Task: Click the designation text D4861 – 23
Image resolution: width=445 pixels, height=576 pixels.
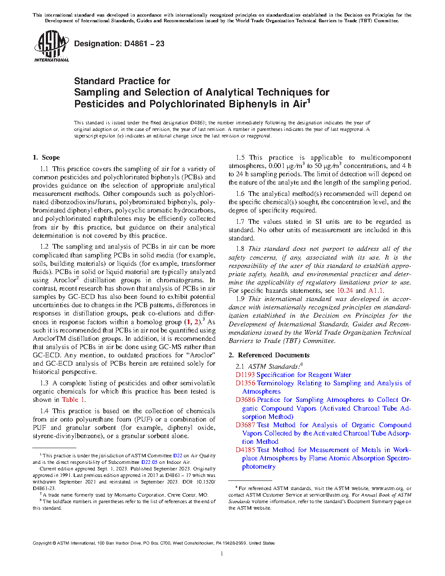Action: tap(119, 44)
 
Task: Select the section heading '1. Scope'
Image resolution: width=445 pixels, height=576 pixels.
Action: tap(46, 158)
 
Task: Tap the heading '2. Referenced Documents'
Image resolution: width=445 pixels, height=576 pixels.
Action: tap(269, 355)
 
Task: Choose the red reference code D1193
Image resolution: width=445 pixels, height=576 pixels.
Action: tap(245, 375)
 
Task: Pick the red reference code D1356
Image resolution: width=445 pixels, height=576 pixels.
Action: tap(245, 383)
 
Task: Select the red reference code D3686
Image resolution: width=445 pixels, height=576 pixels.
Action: tap(245, 400)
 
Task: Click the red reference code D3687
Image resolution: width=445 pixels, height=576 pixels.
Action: tap(245, 425)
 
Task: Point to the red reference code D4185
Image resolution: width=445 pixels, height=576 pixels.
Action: tap(245, 450)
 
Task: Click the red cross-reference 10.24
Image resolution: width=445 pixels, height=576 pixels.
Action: tap(345, 291)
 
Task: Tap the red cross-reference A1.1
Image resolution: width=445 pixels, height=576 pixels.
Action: tap(376, 291)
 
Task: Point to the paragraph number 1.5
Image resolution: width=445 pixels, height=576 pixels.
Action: tap(240, 158)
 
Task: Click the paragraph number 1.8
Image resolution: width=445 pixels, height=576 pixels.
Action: tap(240, 249)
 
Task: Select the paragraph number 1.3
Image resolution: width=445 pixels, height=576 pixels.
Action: tap(44, 383)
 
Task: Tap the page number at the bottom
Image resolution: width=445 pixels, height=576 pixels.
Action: tap(222, 554)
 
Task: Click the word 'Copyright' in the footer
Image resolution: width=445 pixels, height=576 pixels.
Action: tap(42, 543)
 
